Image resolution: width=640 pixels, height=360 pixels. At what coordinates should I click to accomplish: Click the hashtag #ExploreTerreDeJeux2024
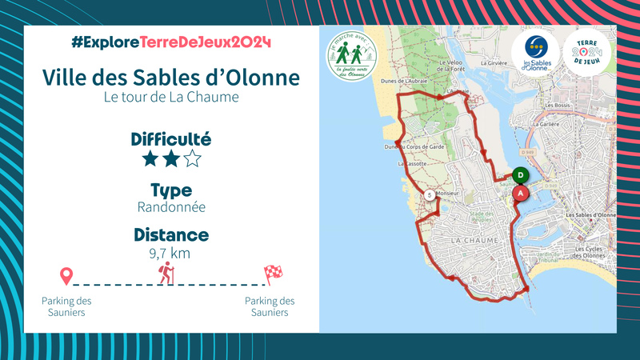click(171, 42)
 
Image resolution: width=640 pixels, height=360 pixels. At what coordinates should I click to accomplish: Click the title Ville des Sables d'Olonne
click(171, 78)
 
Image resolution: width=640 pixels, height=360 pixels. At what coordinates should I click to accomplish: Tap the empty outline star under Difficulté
click(192, 158)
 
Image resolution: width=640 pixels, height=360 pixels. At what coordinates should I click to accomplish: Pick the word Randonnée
click(171, 207)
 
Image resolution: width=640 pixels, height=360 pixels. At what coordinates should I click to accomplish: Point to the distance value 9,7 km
click(171, 254)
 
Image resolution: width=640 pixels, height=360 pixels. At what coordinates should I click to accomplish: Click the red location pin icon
click(66, 277)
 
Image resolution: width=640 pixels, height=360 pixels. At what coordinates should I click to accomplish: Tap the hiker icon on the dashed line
click(166, 273)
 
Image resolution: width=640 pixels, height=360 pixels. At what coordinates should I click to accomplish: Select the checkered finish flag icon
click(273, 274)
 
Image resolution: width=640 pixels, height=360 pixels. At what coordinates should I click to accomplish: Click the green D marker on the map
click(520, 174)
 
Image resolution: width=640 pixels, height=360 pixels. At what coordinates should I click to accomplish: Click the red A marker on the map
click(521, 193)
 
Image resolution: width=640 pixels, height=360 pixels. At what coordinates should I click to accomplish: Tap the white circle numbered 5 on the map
click(430, 195)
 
